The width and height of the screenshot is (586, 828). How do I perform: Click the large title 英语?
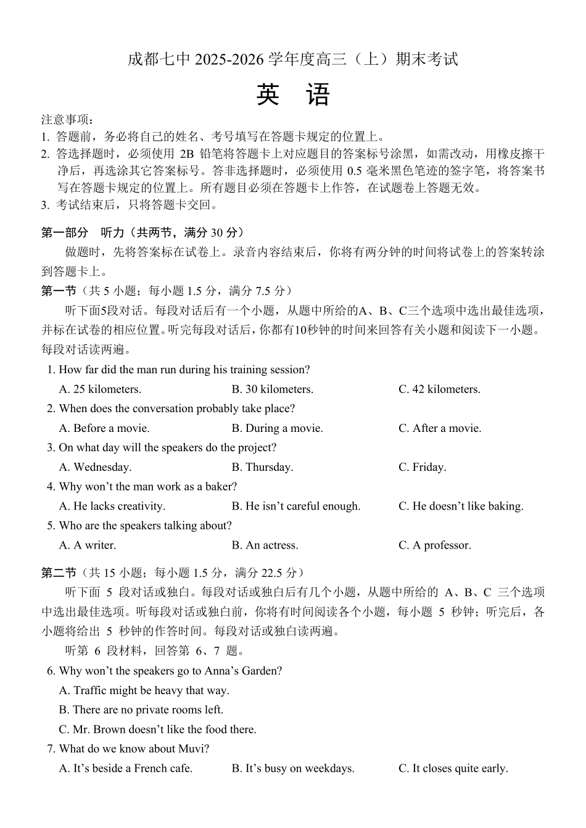[293, 96]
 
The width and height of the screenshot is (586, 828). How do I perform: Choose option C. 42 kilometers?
[439, 389]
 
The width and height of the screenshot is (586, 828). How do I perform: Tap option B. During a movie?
[277, 428]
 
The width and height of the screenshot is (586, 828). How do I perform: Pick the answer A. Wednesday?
[95, 467]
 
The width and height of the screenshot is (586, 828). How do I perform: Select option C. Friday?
[422, 467]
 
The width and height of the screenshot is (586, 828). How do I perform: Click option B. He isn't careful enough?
[295, 506]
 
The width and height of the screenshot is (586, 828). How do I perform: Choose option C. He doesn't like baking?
[460, 506]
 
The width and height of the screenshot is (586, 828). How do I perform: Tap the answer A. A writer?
[87, 545]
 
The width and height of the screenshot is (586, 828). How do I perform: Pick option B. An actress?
[265, 545]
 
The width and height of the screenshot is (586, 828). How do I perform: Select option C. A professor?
[434, 545]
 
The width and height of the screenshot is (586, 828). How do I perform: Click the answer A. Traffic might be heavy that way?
[144, 690]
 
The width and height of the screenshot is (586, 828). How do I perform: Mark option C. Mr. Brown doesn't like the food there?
[157, 729]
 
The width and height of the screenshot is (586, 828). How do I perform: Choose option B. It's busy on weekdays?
[293, 769]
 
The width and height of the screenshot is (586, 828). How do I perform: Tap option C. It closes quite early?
[453, 769]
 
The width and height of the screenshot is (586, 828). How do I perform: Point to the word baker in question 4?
[218, 487]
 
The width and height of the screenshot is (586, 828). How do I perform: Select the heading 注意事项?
[66, 120]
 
